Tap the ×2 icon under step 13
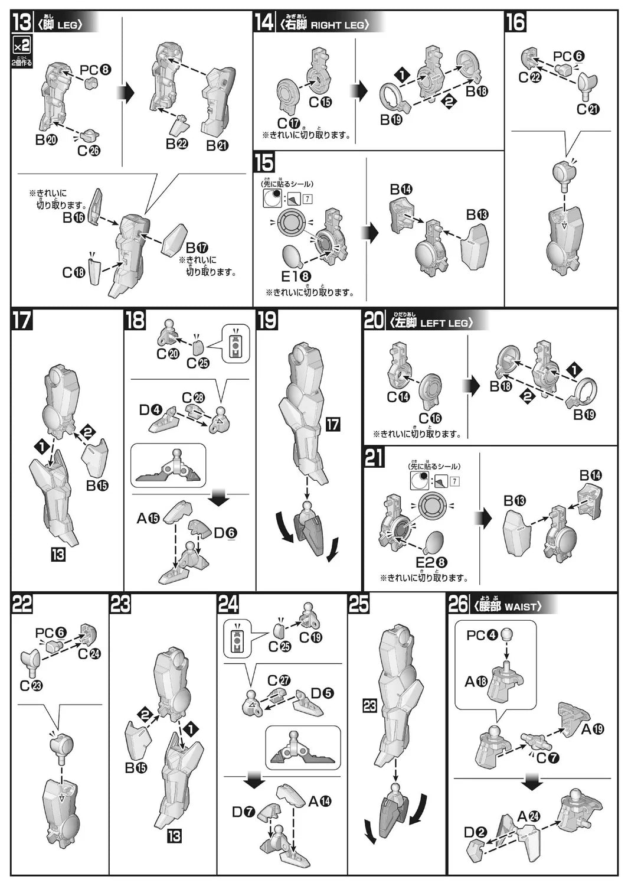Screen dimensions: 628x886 [21, 45]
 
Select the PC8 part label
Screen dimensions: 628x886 [95, 70]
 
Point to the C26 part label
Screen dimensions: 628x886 [89, 151]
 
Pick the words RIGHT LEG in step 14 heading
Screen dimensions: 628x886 [338, 25]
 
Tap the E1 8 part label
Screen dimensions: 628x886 [296, 276]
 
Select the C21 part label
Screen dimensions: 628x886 [588, 109]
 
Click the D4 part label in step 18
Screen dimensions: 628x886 [151, 410]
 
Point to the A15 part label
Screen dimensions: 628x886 [148, 518]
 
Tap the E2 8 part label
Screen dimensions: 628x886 [431, 562]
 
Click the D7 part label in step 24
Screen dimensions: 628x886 [243, 812]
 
